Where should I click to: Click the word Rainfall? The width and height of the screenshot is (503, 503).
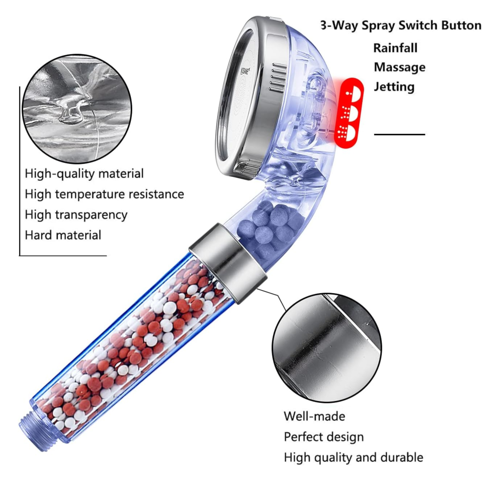coord(395,48)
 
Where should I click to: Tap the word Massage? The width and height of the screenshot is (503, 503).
coord(399,67)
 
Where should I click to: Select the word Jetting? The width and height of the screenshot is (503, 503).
coord(394,87)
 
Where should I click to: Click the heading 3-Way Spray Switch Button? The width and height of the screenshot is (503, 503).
coord(401,26)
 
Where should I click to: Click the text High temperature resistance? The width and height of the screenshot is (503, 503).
coord(104,194)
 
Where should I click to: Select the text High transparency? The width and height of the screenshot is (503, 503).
coord(76,215)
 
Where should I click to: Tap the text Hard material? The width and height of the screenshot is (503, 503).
coord(63,235)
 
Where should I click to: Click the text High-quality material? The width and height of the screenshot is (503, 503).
coord(85,174)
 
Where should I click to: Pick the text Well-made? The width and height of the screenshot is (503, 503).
coord(314,416)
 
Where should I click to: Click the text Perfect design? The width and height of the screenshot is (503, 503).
coord(323,437)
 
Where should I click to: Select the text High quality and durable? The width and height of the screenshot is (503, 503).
coord(353,457)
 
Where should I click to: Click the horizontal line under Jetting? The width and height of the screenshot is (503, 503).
coord(399,134)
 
